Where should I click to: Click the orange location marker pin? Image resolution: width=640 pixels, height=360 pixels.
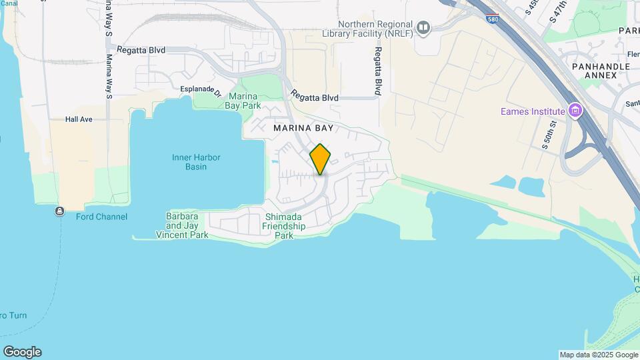[x=320, y=159]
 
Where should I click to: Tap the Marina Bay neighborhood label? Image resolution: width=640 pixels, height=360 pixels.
[x=303, y=127]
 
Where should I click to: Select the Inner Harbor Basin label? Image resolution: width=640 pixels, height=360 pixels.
[x=196, y=162]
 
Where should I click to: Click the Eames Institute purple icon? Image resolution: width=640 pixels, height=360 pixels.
[x=575, y=111]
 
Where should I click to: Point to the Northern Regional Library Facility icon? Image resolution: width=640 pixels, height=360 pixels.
[x=423, y=27]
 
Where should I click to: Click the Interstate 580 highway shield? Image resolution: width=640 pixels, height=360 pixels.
[x=491, y=18]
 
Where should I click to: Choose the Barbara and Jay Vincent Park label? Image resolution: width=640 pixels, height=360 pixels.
[x=182, y=226]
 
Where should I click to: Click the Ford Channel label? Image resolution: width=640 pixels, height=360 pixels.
[x=101, y=217]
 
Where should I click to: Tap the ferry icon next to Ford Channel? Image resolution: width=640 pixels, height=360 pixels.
[x=60, y=211]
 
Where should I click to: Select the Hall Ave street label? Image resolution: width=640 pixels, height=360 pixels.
[x=79, y=119]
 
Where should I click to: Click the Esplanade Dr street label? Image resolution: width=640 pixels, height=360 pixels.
[x=200, y=89]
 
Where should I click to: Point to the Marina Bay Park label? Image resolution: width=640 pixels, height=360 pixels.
[x=243, y=101]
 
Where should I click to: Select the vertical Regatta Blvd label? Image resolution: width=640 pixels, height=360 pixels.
[x=377, y=71]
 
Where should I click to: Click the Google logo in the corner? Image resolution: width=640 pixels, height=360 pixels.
[x=22, y=352]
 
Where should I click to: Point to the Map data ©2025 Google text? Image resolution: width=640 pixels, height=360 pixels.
[x=598, y=355]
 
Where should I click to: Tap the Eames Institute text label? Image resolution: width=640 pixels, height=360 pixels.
[x=533, y=111]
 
